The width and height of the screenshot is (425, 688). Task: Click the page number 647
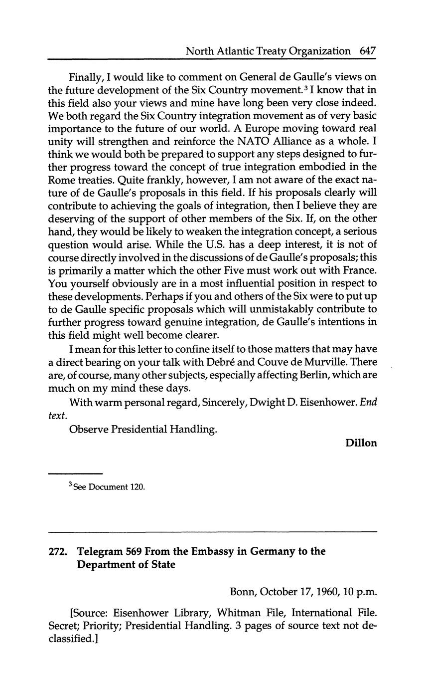pos(367,51)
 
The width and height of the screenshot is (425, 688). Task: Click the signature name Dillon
pos(361,443)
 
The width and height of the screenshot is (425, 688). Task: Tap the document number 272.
pos(58,552)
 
